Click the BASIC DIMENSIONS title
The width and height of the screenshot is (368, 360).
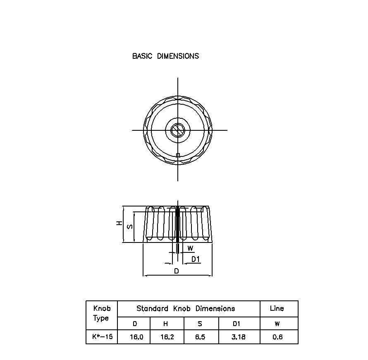tap(165, 56)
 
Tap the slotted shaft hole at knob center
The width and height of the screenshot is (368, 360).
tap(178, 130)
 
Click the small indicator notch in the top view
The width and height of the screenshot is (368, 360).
tap(178, 155)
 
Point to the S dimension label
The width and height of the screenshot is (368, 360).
tap(130, 227)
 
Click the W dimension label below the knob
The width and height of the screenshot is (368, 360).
tap(190, 248)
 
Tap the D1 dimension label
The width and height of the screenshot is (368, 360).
tap(196, 259)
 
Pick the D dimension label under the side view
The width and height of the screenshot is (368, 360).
tap(177, 271)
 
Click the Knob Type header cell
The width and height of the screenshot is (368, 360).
tap(102, 313)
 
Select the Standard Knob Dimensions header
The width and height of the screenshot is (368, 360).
tap(186, 309)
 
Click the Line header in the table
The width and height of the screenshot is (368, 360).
tap(277, 309)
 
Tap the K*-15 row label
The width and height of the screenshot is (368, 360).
tap(102, 337)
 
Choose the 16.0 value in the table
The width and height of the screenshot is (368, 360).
tap(136, 337)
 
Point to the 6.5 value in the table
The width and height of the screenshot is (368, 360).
tap(200, 337)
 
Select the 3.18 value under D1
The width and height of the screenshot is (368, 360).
tap(239, 337)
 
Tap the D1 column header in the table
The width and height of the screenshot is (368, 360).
tap(237, 324)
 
